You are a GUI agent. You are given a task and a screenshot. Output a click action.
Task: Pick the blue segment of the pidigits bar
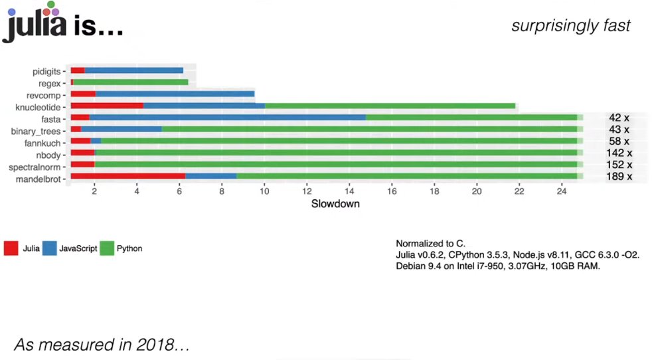[x=133, y=70]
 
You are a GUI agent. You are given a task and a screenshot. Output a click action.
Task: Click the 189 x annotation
[x=619, y=177]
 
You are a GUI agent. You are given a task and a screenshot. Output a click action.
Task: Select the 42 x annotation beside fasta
[x=619, y=118]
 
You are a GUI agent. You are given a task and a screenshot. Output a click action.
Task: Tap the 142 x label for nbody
[x=619, y=153]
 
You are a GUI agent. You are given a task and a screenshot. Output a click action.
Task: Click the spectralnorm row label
[x=36, y=165]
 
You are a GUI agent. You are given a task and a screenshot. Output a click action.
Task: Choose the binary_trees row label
[x=36, y=130]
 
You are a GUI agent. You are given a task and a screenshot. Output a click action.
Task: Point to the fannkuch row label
[x=42, y=141]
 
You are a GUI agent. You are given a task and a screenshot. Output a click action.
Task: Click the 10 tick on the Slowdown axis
[x=264, y=191]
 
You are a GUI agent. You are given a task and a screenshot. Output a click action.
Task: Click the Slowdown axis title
[x=335, y=204]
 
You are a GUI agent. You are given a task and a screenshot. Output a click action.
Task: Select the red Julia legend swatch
[x=11, y=249]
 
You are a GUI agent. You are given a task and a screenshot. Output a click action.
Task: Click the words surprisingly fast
[x=570, y=26]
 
